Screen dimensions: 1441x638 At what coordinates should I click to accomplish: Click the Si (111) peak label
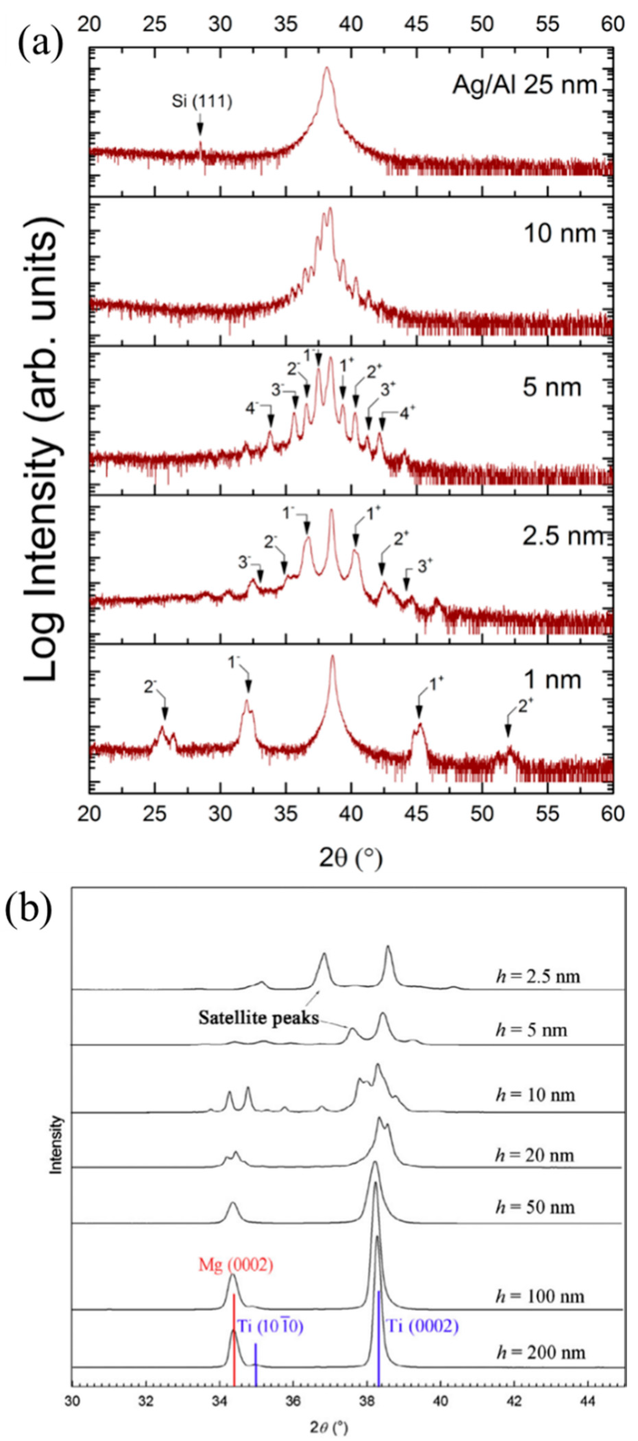point(202,102)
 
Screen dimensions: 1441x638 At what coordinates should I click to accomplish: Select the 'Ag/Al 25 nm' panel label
point(525,86)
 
